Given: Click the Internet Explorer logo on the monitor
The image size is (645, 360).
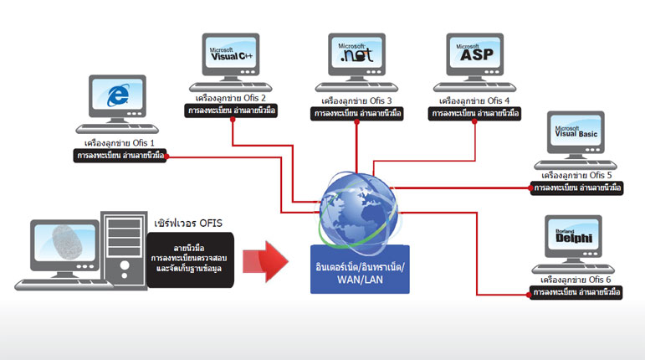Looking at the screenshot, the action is (118, 95).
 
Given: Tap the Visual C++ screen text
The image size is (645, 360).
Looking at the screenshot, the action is (231, 54).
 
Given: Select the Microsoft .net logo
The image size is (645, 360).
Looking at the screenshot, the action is (356, 53).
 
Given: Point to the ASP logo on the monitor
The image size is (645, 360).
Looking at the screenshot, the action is (474, 53).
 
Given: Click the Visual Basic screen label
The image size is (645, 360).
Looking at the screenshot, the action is (576, 131).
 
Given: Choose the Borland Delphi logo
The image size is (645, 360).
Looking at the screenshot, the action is (574, 236).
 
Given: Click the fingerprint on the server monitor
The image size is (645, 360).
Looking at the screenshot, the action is (68, 242).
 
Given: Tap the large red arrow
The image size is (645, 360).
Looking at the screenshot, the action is (265, 262).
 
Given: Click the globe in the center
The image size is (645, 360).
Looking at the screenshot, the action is (359, 211).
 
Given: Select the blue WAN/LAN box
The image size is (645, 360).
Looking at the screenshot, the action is (360, 270).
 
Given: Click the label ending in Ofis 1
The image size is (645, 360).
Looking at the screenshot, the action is (120, 143).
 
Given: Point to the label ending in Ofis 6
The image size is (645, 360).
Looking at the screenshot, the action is (576, 280).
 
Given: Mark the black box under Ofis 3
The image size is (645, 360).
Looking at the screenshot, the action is (356, 114).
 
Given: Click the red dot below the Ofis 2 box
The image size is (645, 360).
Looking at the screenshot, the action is (233, 120).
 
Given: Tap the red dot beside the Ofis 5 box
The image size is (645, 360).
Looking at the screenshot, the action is (530, 188).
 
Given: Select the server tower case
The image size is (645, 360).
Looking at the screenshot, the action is (124, 249).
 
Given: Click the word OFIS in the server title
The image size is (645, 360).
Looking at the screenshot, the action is (211, 224).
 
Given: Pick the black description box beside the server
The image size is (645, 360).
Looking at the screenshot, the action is (190, 260).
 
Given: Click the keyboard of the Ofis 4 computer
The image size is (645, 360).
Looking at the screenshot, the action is (474, 87).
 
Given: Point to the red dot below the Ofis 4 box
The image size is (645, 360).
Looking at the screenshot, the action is (474, 121).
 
